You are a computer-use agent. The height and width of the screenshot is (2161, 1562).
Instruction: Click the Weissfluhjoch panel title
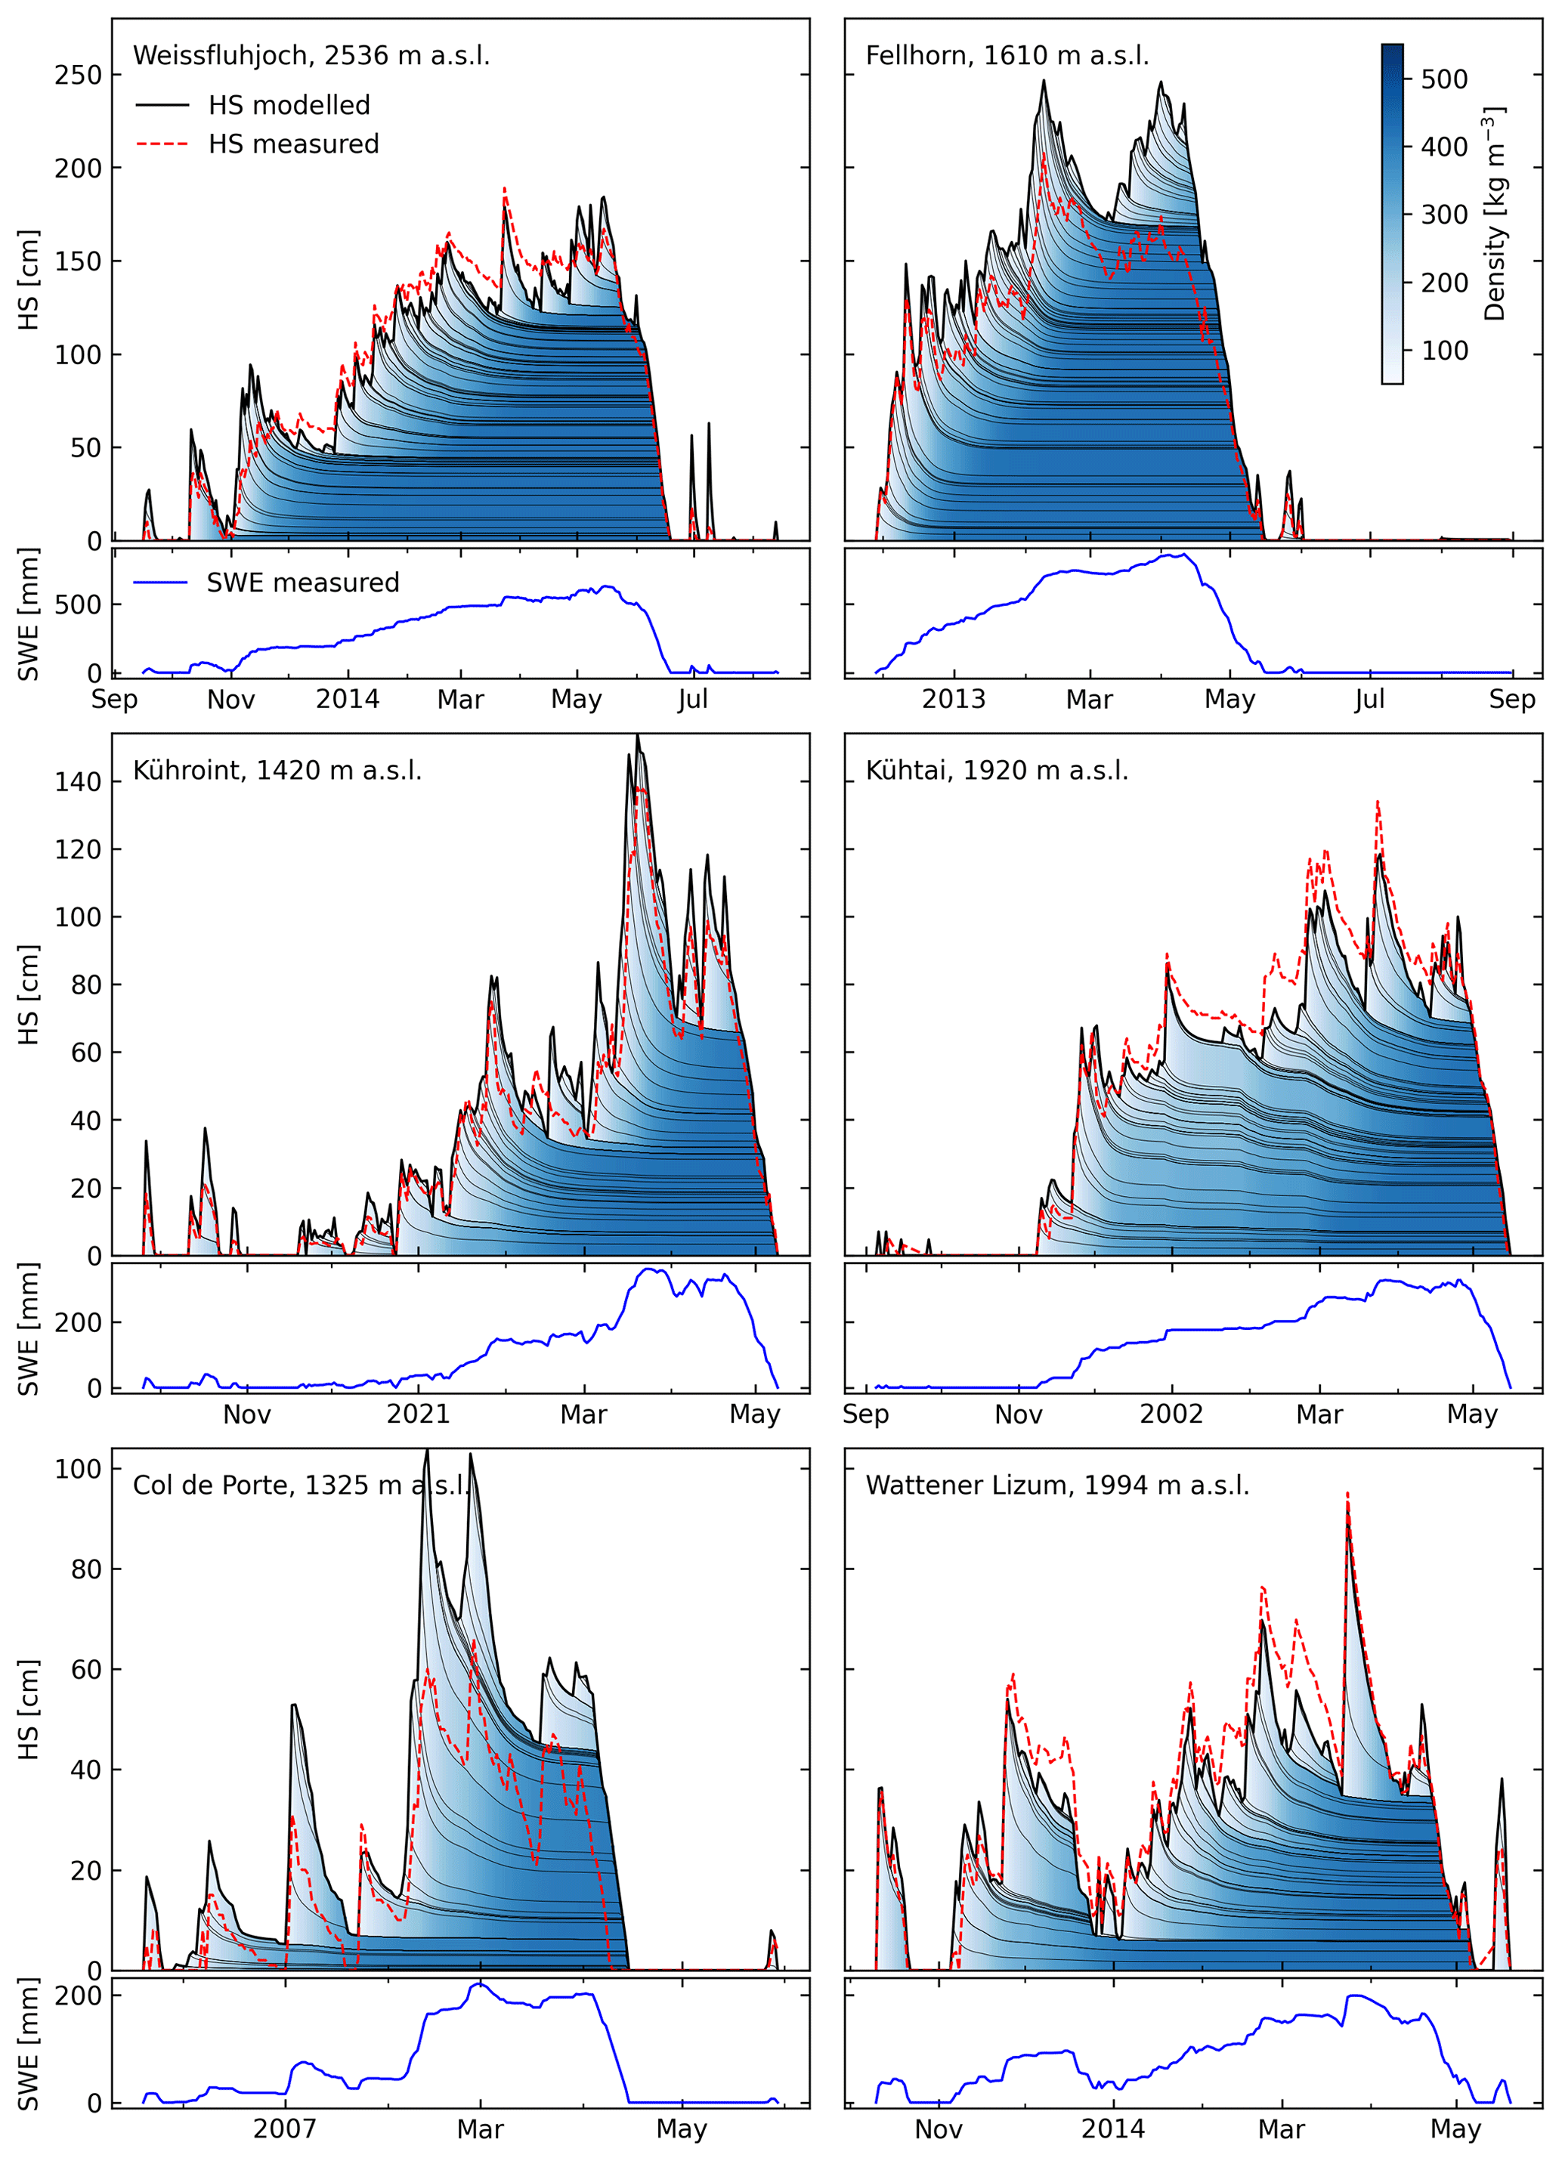[311, 55]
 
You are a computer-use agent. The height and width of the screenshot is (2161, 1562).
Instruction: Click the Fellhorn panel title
[1007, 55]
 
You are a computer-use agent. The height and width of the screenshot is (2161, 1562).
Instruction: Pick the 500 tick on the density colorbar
[1444, 79]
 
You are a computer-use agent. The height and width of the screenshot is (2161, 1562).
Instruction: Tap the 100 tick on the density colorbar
[1444, 351]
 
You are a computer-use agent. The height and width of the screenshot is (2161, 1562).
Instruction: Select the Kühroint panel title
[277, 770]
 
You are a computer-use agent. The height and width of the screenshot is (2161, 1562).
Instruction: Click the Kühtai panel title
[996, 770]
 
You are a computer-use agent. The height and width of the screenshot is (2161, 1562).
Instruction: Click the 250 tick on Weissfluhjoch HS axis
[77, 74]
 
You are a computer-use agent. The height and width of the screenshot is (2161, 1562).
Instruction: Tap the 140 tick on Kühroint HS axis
[77, 781]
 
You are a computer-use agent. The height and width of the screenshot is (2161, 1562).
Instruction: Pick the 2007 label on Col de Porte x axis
[284, 2129]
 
